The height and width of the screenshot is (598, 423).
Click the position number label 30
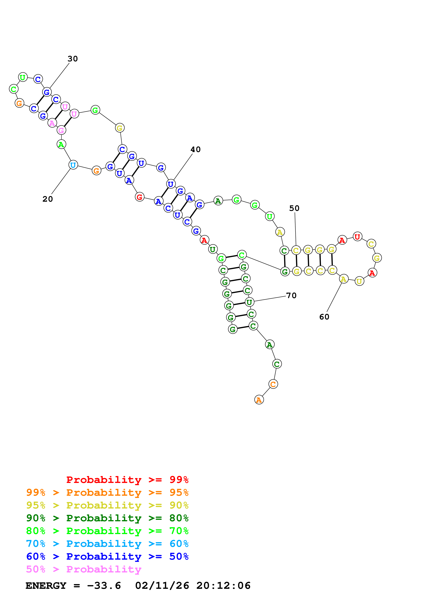point(73,59)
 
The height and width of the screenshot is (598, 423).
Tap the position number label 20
point(48,199)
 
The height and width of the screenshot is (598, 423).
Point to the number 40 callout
point(196,149)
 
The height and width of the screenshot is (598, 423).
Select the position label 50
point(294,208)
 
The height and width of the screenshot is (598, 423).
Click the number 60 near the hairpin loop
point(324,317)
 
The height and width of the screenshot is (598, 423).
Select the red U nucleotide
point(357,237)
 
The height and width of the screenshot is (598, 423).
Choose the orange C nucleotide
point(273,384)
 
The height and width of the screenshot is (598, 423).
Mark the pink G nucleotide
point(61,130)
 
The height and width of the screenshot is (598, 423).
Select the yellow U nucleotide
point(359,281)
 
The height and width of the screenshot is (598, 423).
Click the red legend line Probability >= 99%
point(127,480)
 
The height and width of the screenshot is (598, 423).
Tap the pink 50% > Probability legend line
point(84,569)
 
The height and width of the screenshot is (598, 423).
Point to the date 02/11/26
point(162,586)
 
